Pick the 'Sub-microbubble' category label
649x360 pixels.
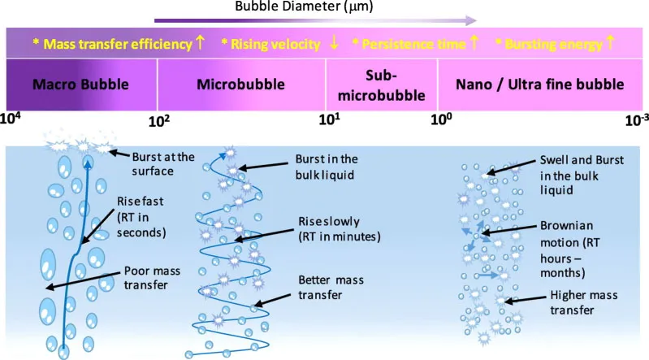[380, 84]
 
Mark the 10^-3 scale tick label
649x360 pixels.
[634, 119]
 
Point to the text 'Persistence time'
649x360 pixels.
[414, 43]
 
